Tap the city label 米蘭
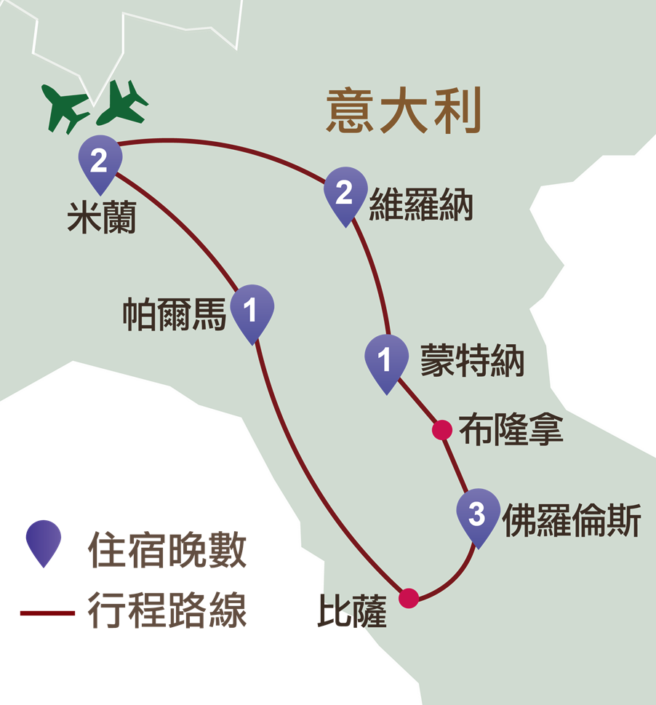pyautogui.click(x=102, y=218)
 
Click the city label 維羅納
pyautogui.click(x=420, y=205)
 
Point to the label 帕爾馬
pyautogui.click(x=175, y=314)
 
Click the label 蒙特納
pyautogui.click(x=472, y=361)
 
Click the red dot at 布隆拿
pyautogui.click(x=442, y=430)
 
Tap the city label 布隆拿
pyautogui.click(x=511, y=429)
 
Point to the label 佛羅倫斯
pyautogui.click(x=572, y=521)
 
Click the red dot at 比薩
pyautogui.click(x=409, y=598)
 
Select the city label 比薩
pyautogui.click(x=352, y=611)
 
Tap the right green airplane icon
pyautogui.click(x=121, y=103)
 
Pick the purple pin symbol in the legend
pyautogui.click(x=44, y=543)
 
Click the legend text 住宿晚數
pyautogui.click(x=167, y=549)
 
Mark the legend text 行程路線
pyautogui.click(x=167, y=610)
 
